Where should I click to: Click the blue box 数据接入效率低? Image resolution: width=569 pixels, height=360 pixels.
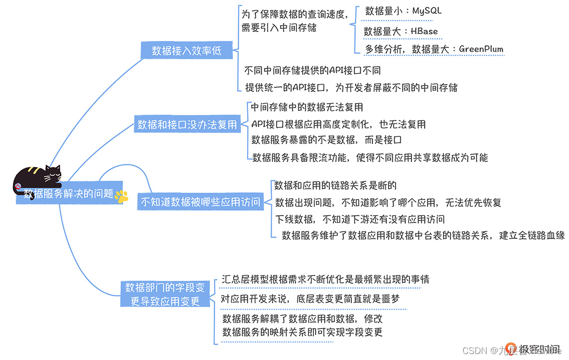point(186,50)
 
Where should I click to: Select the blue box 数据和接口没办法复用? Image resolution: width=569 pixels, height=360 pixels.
point(187,124)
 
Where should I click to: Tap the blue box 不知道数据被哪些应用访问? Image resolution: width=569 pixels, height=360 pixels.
point(200,202)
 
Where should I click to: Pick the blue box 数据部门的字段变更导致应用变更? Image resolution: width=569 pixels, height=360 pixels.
point(165,294)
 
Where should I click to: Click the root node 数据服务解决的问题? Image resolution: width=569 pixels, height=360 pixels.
point(69,194)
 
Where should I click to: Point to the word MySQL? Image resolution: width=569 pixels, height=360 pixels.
point(427,10)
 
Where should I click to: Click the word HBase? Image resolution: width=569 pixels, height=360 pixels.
point(424,31)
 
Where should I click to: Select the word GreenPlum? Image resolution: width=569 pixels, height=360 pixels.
point(481,49)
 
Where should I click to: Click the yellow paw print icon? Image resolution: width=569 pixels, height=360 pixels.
point(121,196)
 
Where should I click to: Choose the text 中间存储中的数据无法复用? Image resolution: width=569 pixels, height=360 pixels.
point(307,107)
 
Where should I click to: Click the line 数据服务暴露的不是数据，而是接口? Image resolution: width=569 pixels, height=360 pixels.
point(326,140)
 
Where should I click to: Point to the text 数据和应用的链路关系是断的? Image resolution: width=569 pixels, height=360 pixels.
point(335,186)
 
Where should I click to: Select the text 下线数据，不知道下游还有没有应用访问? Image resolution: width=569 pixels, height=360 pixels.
point(360,219)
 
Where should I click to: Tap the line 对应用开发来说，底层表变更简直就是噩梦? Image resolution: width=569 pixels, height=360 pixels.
point(310,299)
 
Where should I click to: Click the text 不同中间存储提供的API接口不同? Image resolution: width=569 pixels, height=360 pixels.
point(313,71)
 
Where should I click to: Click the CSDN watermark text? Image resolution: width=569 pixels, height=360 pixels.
point(474,350)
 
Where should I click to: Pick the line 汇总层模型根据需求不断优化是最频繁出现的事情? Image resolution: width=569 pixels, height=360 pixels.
point(325,279)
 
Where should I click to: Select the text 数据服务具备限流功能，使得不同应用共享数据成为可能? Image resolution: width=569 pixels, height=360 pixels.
point(370,158)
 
